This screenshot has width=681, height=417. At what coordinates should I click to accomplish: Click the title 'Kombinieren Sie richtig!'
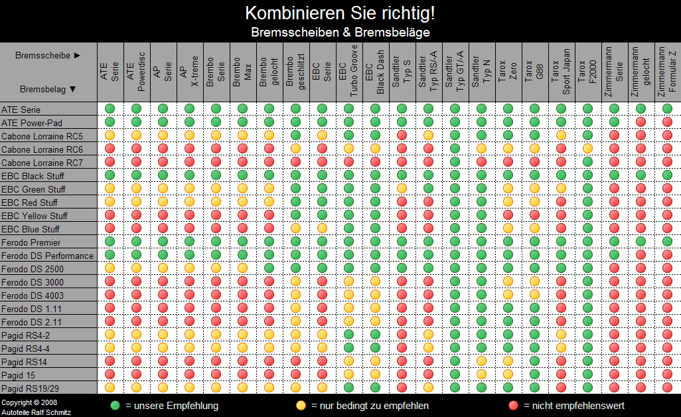click(340, 13)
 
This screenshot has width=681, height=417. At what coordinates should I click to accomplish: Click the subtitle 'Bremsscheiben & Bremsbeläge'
click(340, 32)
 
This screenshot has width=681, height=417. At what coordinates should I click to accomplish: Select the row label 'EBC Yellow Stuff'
click(35, 216)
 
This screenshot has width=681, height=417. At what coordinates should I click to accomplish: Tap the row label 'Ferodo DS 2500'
click(33, 269)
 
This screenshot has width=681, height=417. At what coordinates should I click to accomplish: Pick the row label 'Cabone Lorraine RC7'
click(42, 163)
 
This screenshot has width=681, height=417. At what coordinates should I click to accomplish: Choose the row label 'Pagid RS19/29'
click(31, 388)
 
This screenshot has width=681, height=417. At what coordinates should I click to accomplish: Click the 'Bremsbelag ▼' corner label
click(48, 89)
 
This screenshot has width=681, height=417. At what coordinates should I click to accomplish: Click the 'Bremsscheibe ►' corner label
click(48, 56)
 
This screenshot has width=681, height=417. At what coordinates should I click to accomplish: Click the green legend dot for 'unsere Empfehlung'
click(115, 405)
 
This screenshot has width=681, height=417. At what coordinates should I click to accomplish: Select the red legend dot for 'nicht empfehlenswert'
click(512, 405)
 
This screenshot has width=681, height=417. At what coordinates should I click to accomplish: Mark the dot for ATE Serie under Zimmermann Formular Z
click(667, 108)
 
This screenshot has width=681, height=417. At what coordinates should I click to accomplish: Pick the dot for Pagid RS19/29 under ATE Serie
click(110, 387)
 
